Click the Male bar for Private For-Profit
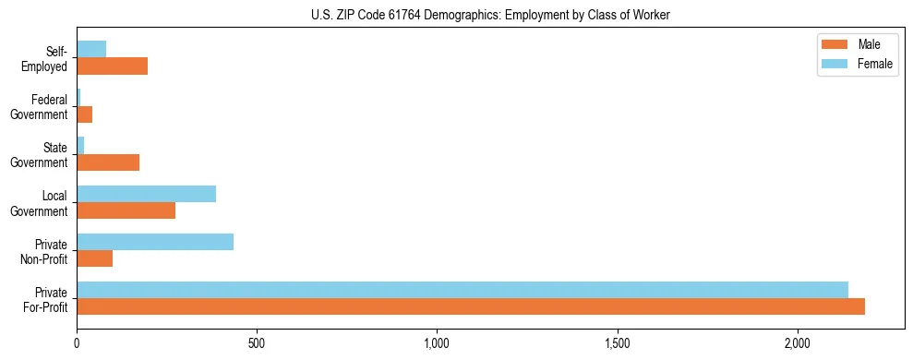click(x=471, y=306)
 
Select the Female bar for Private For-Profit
click(x=462, y=290)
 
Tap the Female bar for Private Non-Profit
click(x=155, y=242)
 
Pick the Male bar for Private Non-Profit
click(x=94, y=258)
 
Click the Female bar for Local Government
click(x=146, y=194)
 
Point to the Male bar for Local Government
click(x=126, y=210)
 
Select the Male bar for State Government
click(x=108, y=162)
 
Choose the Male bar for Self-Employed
click(x=112, y=66)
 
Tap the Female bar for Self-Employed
click(x=91, y=50)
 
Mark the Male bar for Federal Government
click(x=84, y=114)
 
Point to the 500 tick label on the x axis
click(x=257, y=343)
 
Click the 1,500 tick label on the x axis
click(x=618, y=343)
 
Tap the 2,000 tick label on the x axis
click(x=798, y=343)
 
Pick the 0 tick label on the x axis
click(x=77, y=343)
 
